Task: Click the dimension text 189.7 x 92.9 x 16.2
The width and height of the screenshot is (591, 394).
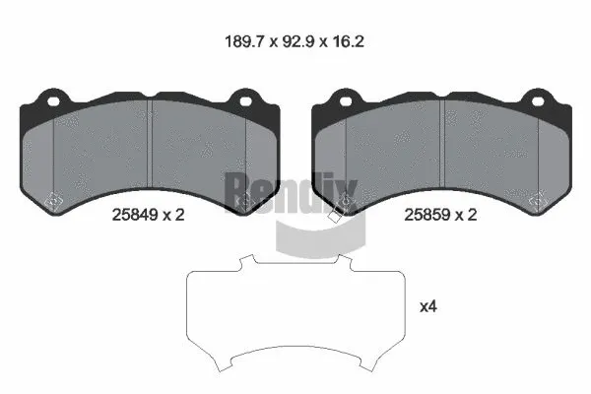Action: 295,42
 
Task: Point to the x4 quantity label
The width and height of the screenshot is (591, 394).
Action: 428,306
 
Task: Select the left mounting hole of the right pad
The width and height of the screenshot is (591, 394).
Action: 346,99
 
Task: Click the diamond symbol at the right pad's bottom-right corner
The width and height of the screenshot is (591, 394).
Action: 538,201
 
